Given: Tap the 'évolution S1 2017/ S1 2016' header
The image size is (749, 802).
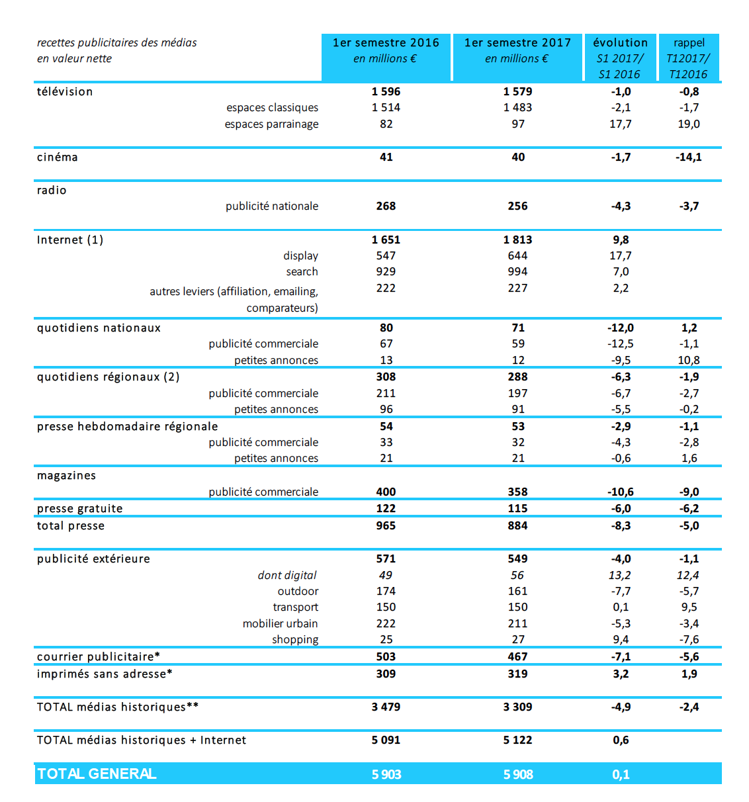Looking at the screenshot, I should click(620, 58).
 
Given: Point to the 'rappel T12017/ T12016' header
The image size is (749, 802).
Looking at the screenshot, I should click(688, 58).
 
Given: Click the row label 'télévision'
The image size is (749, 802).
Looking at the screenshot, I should click(65, 91).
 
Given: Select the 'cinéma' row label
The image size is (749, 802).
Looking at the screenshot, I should click(58, 157).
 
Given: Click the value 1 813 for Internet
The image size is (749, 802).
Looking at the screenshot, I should click(517, 240).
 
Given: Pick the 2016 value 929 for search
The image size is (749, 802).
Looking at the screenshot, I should click(386, 271).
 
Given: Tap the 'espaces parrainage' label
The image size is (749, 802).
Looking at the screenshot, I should click(271, 124).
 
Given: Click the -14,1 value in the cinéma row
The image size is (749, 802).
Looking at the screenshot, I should click(688, 157).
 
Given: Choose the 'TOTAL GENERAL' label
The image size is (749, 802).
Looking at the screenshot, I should click(97, 774).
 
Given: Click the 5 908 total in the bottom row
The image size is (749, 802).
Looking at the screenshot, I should click(517, 774).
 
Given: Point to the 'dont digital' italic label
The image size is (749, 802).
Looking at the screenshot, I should click(287, 575).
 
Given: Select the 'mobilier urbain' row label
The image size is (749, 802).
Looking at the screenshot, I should click(280, 623).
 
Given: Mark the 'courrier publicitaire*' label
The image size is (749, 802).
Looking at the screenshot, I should click(99, 656).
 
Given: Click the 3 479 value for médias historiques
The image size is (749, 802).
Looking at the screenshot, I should click(386, 707).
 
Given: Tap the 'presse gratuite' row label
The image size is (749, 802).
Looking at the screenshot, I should click(80, 508).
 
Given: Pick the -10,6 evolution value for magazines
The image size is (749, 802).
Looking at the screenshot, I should click(620, 492).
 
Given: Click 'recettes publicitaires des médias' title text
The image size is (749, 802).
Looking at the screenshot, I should click(117, 42).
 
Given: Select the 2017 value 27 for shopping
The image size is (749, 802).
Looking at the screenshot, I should click(517, 639).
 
